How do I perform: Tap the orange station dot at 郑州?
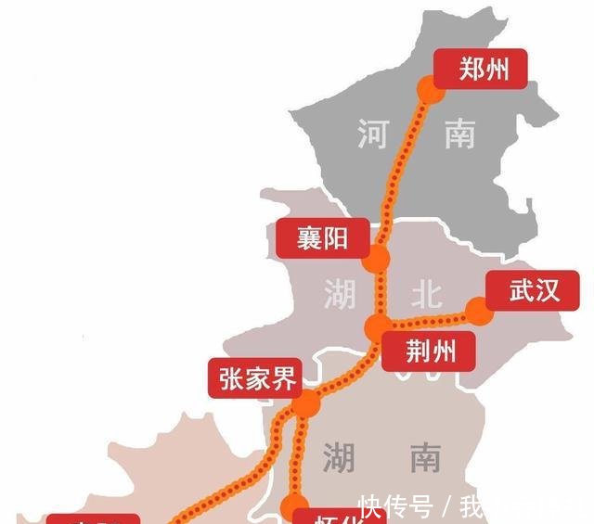click(428, 89)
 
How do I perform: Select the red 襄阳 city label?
click(323, 238)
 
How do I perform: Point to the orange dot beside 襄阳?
click(375, 260)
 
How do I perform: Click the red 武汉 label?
click(535, 290)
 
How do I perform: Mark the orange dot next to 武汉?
click(479, 311)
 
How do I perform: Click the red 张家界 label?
click(259, 379)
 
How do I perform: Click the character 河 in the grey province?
click(372, 135)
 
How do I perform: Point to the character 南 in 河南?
click(458, 135)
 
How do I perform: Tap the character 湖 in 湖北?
click(339, 295)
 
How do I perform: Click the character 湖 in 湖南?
click(339, 457)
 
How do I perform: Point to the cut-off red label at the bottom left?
click(93, 518)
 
